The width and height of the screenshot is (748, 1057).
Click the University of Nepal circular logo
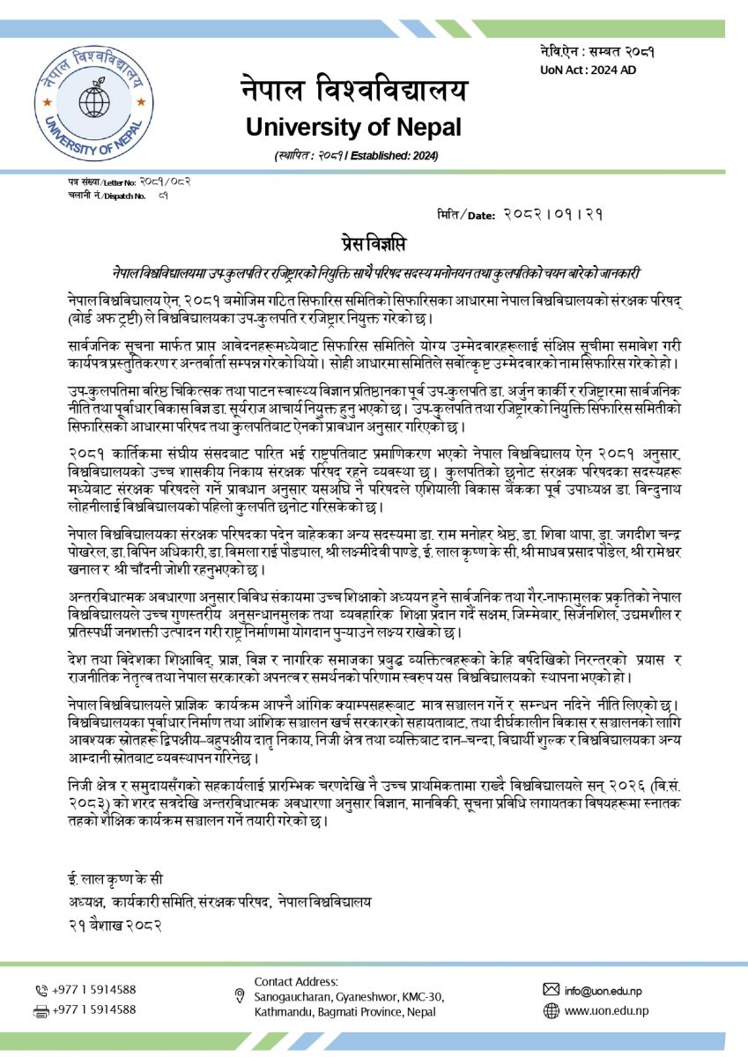point(82,100)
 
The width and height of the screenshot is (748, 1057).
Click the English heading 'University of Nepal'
point(353,127)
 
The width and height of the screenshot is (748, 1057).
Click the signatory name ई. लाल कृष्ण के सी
point(115,879)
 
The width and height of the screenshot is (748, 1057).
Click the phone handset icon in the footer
point(41,990)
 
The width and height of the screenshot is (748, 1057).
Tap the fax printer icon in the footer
point(41,1010)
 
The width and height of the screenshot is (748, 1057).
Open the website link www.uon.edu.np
point(606,1011)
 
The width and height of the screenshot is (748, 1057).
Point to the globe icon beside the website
point(552,1011)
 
